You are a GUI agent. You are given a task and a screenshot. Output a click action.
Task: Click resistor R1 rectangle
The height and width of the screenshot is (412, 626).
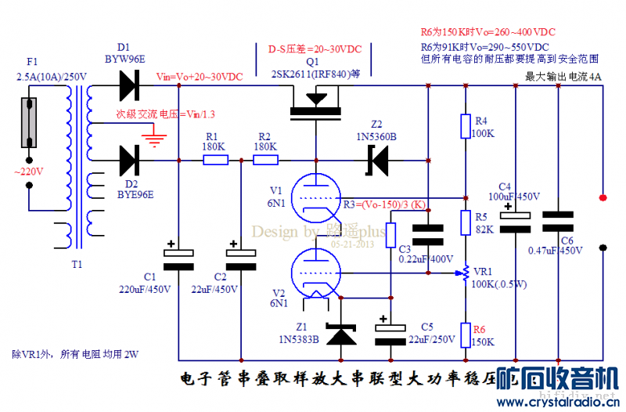click(x=215, y=161)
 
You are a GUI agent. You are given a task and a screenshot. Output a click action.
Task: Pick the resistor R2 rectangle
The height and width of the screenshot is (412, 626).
click(x=265, y=161)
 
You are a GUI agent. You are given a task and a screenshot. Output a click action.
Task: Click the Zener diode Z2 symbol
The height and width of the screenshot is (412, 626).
click(x=380, y=161)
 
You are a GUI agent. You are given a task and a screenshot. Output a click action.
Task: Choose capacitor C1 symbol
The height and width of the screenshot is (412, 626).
click(x=178, y=258)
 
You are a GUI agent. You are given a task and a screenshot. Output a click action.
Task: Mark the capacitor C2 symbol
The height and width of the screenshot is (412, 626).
click(x=241, y=258)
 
